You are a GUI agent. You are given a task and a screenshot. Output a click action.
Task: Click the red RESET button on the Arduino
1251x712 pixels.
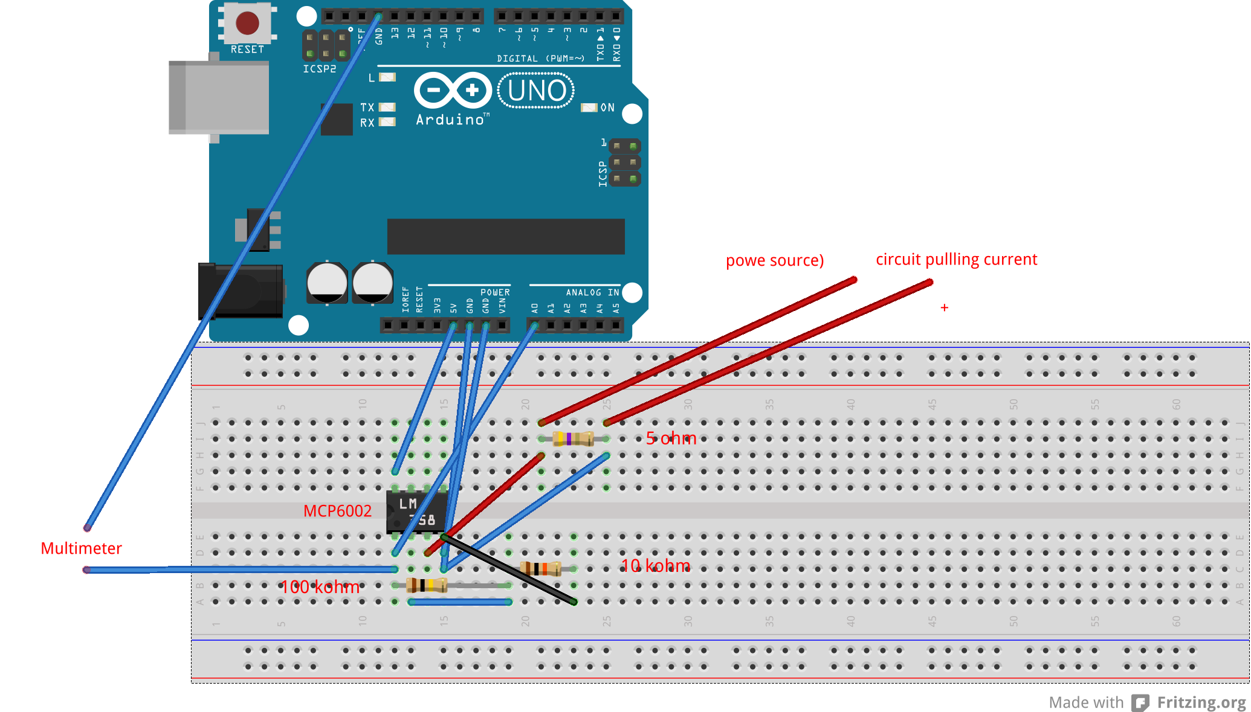point(247,23)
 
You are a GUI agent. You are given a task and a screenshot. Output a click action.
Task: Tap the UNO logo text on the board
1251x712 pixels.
point(536,91)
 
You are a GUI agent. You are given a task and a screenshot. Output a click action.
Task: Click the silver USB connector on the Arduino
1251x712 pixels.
point(219,97)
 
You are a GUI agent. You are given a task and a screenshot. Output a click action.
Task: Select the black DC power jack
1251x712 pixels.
point(241,291)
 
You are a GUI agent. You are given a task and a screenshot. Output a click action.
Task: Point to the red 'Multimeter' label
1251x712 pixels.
point(81,548)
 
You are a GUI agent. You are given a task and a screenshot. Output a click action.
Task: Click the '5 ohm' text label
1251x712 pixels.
point(671,438)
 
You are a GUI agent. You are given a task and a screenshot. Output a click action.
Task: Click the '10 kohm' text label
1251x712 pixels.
point(655,566)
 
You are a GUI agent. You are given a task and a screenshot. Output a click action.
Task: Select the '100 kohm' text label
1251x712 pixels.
point(320,587)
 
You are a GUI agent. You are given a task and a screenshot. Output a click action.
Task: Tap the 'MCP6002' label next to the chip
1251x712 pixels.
point(337,511)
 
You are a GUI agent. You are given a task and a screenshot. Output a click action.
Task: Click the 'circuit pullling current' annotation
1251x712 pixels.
point(956,260)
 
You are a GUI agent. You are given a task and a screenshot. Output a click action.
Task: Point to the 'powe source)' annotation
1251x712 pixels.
point(774,260)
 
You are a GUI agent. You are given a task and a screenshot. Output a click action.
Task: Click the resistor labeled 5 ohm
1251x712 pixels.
point(573,438)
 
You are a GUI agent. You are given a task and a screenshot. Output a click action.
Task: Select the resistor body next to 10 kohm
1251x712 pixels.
point(540,568)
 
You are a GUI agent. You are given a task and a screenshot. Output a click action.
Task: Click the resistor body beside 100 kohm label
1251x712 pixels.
point(427,585)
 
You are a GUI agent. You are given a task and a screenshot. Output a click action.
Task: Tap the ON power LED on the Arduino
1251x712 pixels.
point(589,107)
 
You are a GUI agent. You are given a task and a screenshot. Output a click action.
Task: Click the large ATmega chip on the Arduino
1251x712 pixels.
point(505,236)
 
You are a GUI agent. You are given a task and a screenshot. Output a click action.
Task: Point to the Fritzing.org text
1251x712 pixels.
point(1201,702)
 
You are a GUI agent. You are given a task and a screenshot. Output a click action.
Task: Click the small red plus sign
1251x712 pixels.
point(944,308)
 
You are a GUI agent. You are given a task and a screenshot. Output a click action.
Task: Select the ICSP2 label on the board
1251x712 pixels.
point(319,69)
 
